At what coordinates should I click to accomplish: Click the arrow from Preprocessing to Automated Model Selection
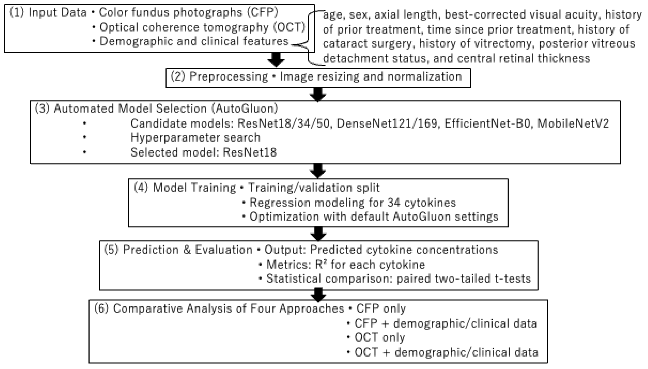(x=318, y=94)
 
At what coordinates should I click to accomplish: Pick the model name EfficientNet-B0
(x=487, y=123)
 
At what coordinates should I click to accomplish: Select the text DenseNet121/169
(x=387, y=123)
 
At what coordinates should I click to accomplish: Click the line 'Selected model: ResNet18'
(x=203, y=152)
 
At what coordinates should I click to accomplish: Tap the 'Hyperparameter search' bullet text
(x=195, y=138)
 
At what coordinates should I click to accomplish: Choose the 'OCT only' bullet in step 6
(x=380, y=337)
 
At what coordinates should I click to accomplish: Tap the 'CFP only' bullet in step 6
(x=381, y=308)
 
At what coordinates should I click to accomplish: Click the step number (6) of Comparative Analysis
(x=101, y=308)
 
